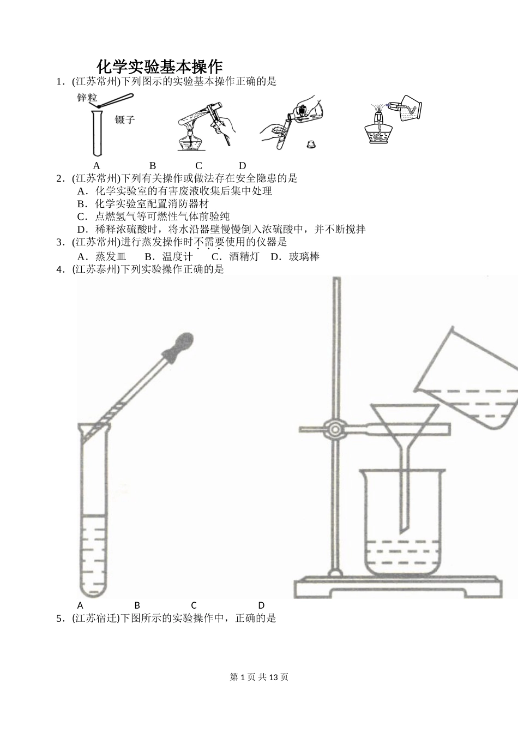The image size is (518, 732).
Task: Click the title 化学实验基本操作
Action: click(160, 67)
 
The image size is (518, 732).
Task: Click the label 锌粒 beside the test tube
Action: click(87, 98)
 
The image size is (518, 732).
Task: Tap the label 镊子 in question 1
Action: click(125, 119)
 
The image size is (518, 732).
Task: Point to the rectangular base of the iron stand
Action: click(397, 587)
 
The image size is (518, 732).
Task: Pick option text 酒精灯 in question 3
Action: click(244, 256)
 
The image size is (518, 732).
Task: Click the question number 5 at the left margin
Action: click(59, 618)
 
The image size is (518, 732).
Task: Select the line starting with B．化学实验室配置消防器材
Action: click(143, 203)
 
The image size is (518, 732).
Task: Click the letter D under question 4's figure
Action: click(261, 605)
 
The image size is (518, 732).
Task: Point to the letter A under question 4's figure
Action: click(80, 605)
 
